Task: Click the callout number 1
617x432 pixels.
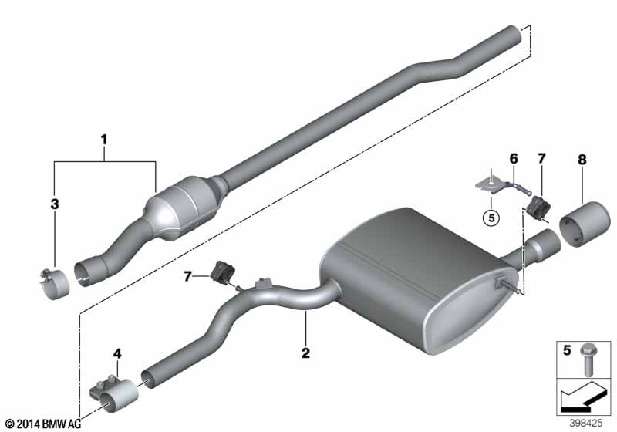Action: [104, 140]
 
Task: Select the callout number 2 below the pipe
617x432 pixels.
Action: [305, 353]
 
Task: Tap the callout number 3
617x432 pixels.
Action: [55, 204]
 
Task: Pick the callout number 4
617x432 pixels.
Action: [117, 354]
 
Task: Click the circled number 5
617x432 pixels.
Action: [491, 218]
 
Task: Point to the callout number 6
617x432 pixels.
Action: [514, 159]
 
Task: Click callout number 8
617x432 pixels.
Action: [582, 160]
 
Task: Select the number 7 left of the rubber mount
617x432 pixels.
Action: [187, 277]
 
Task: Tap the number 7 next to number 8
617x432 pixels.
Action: [542, 159]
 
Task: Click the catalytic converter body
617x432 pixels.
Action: [182, 208]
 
